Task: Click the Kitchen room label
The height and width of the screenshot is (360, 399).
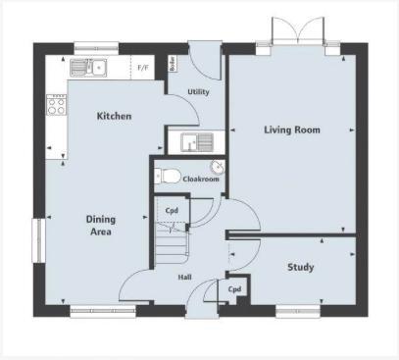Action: click(x=114, y=117)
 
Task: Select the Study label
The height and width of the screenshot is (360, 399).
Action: click(x=300, y=267)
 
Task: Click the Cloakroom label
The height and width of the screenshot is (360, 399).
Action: click(x=202, y=180)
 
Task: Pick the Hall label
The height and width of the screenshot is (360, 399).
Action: click(x=184, y=277)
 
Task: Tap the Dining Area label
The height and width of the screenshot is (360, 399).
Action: click(x=100, y=227)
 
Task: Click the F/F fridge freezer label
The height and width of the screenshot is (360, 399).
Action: click(x=143, y=68)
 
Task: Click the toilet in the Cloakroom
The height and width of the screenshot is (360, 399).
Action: click(x=167, y=178)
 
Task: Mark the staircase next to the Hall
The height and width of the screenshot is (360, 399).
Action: click(x=170, y=244)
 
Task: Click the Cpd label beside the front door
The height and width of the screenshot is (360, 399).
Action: click(x=235, y=290)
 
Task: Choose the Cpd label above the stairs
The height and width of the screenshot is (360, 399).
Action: click(x=171, y=211)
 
